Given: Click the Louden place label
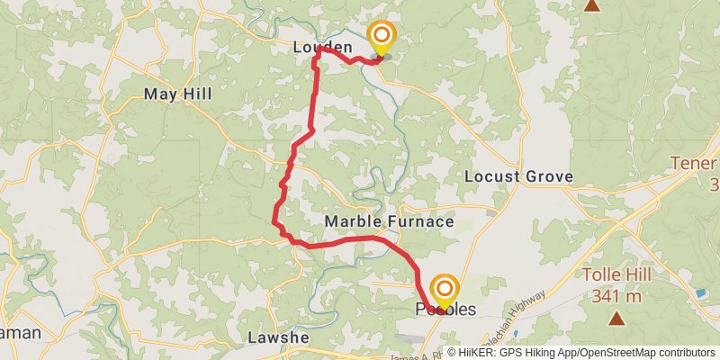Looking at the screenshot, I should [x=321, y=46].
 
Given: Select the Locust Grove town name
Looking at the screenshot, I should [x=518, y=176].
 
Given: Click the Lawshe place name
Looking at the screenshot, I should [x=278, y=337].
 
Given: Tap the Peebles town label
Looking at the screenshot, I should [x=445, y=310].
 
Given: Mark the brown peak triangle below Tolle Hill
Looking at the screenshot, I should [x=616, y=318].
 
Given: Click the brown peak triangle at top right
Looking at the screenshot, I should [x=592, y=5].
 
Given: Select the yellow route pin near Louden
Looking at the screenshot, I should [x=382, y=37].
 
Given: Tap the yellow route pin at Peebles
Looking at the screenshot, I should [x=444, y=290].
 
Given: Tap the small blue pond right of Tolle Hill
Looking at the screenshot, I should [x=700, y=293].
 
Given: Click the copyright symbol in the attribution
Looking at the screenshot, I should [x=451, y=352].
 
